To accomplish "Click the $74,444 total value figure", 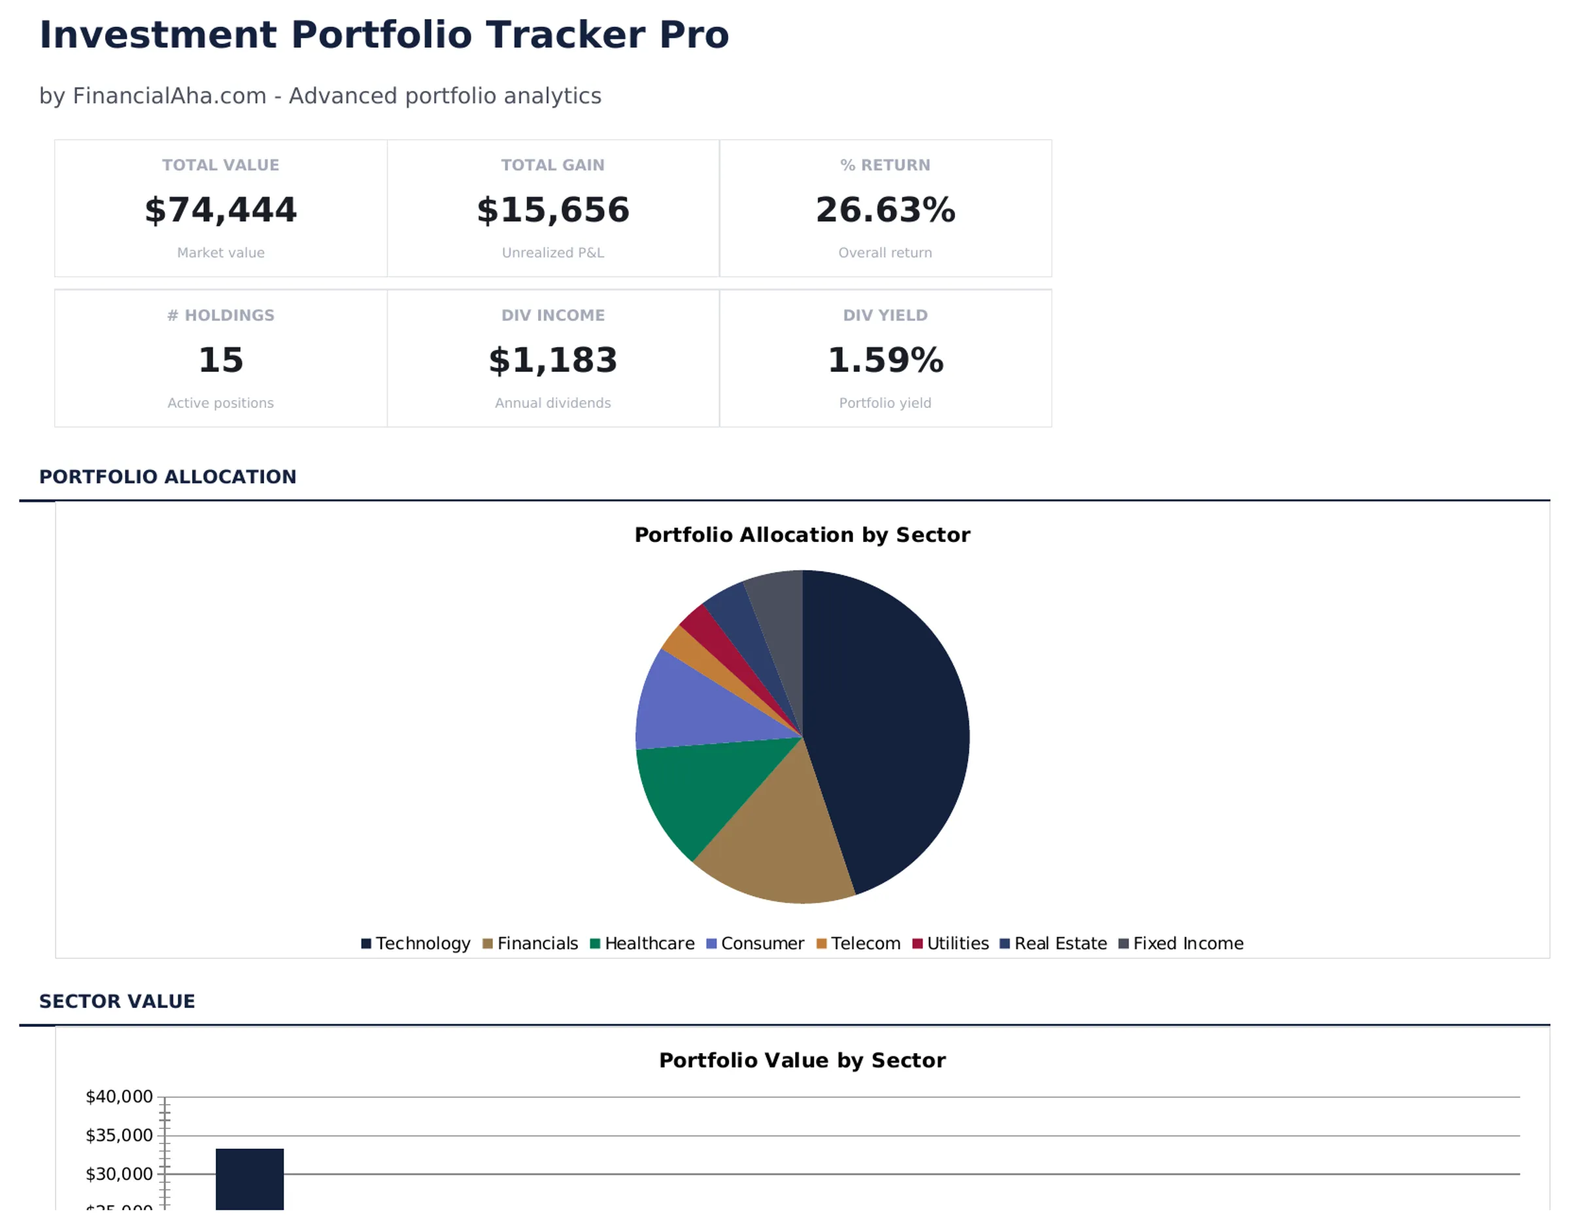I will point(220,210).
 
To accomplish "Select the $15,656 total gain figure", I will point(552,210).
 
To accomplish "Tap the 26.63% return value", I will point(885,210).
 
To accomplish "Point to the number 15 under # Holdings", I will point(220,360).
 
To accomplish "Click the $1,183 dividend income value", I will point(552,360).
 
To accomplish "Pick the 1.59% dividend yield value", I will point(885,360).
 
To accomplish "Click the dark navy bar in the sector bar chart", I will point(250,1180).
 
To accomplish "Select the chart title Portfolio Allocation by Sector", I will point(801,535).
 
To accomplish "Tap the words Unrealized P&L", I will point(552,252).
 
